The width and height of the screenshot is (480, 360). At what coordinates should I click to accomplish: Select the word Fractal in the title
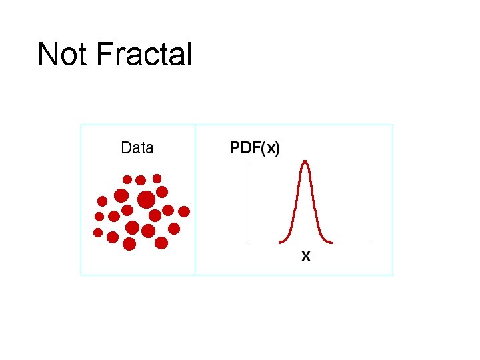pos(144,55)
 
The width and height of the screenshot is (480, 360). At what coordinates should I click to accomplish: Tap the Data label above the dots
pos(137,148)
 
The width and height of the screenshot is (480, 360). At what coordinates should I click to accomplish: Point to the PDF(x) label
pos(255,148)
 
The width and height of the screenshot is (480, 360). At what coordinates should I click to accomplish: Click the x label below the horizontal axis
pos(306,255)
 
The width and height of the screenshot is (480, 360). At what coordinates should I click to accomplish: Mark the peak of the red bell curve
pos(305,161)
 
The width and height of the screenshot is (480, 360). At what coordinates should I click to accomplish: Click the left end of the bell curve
pos(281,242)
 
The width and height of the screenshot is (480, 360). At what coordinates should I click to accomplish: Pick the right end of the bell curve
pos(330,242)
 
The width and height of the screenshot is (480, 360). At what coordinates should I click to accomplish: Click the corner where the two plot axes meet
pos(249,243)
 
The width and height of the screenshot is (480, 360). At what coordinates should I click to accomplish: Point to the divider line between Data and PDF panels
pos(195,200)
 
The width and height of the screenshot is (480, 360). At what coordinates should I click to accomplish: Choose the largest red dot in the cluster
pos(146,199)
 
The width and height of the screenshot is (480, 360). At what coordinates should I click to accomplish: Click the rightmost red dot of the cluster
pos(184,211)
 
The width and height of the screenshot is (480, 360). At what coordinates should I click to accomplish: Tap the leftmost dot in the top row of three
pos(127,179)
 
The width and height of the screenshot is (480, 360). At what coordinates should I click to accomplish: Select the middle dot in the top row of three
pos(141,179)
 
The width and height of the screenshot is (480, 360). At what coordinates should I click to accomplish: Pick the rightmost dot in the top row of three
pos(157,178)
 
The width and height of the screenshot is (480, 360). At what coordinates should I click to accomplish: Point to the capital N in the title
pos(47,55)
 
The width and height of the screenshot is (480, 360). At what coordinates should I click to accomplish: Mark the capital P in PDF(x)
pos(235,148)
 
